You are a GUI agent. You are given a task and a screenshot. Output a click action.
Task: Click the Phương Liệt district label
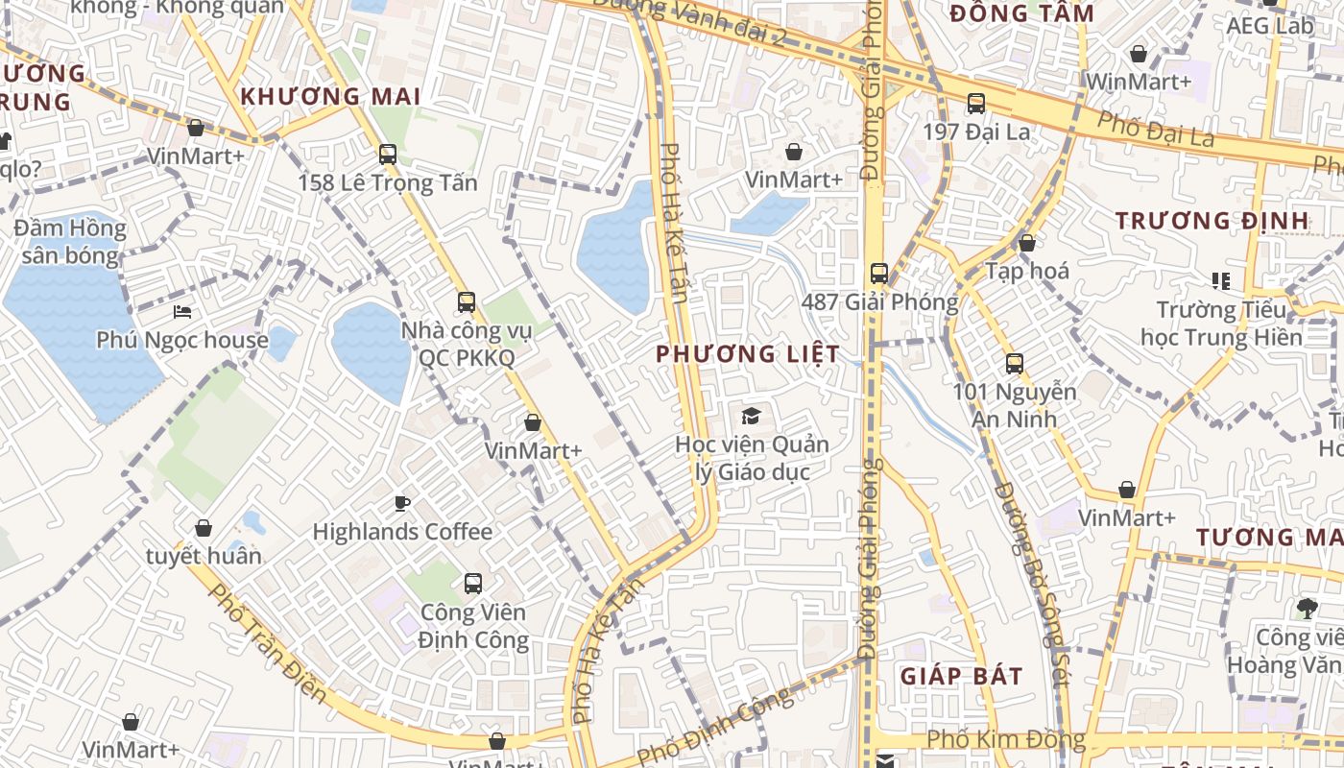(x=747, y=353)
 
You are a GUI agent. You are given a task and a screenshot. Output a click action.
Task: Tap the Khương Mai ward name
(x=330, y=97)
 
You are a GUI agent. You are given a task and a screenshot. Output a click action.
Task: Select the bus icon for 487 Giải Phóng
(x=879, y=274)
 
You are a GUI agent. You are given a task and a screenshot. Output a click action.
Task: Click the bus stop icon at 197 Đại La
(x=976, y=104)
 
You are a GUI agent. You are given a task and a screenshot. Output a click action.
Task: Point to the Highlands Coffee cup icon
(x=402, y=503)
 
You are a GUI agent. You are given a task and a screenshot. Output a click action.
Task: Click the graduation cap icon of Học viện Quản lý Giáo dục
(x=750, y=417)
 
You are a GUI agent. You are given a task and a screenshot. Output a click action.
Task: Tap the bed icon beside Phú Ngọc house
(x=182, y=312)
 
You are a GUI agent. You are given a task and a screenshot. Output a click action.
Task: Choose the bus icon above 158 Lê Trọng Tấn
(x=388, y=154)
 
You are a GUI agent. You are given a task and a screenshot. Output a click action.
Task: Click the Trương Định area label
(x=1212, y=221)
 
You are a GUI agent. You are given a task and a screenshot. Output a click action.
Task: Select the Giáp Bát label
(x=961, y=676)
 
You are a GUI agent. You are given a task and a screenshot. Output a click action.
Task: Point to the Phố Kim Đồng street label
(x=1006, y=740)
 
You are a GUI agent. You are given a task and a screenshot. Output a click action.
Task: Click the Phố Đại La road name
(x=1156, y=131)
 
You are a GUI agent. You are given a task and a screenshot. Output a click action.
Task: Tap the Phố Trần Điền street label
(x=268, y=644)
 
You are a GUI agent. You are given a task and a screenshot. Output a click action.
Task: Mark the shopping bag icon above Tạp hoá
(x=1027, y=243)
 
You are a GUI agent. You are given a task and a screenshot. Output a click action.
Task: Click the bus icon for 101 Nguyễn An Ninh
(x=1015, y=364)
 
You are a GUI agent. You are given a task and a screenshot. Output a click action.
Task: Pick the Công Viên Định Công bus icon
(x=473, y=583)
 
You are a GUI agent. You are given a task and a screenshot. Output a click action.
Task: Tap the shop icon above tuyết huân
(x=204, y=528)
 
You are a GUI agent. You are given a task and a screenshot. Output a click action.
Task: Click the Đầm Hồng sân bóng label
(x=70, y=242)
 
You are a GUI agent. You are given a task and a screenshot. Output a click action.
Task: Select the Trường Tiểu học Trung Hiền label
(x=1220, y=324)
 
